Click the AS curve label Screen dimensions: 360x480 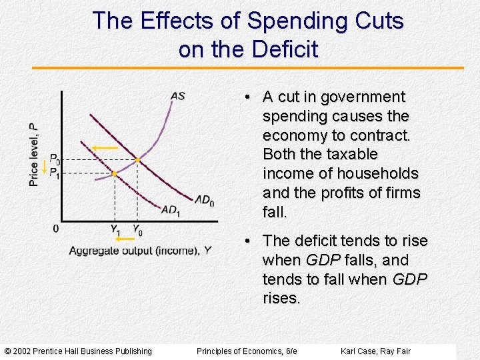click(178, 96)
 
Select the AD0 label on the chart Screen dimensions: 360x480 click(205, 199)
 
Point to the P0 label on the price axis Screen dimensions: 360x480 click(55, 160)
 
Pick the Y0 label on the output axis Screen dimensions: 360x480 click(137, 230)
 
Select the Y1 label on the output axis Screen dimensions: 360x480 click(116, 230)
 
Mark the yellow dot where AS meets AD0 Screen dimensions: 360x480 click(137, 160)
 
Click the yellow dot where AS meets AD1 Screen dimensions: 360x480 click(114, 173)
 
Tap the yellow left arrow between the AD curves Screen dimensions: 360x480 click(105, 148)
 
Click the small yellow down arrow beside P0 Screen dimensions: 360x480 click(45, 167)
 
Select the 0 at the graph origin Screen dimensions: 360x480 click(55, 229)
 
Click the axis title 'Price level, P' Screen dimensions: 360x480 click(34, 154)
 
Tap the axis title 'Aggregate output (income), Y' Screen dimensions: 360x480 click(140, 251)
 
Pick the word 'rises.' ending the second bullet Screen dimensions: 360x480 click(281, 298)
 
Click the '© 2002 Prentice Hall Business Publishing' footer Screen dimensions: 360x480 click(78, 351)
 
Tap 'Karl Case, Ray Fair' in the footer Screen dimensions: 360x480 click(375, 351)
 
